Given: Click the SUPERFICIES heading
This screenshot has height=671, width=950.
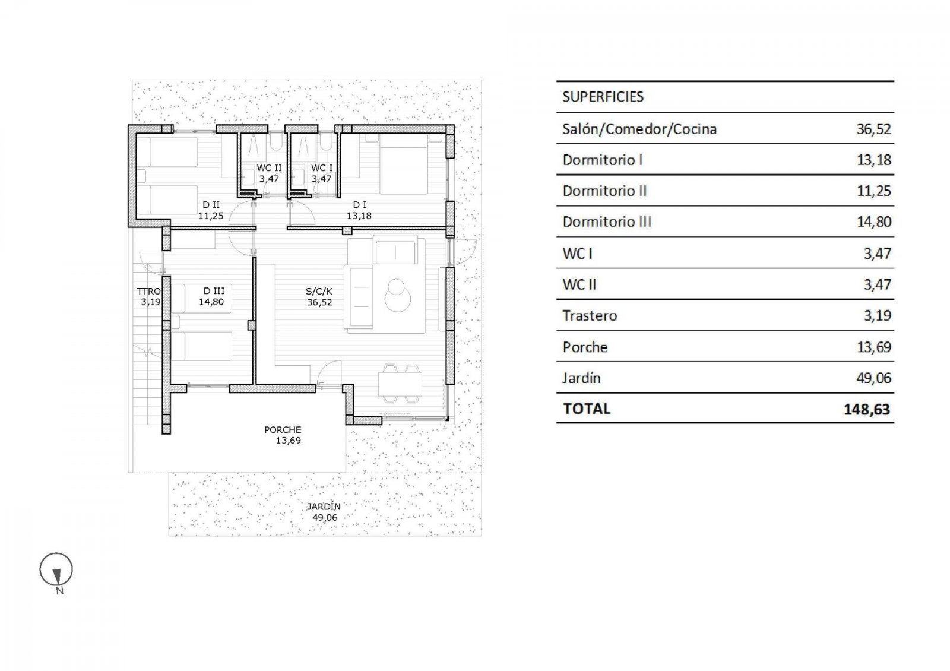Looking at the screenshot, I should click(x=603, y=97).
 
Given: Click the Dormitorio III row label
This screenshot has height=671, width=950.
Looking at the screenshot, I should click(x=607, y=222).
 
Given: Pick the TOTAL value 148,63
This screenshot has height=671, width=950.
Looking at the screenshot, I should click(x=867, y=409).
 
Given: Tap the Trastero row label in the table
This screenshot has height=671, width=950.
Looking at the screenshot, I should click(x=590, y=316).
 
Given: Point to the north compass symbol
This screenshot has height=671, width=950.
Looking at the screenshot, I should click(x=56, y=571).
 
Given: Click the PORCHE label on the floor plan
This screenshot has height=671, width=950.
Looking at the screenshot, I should click(x=283, y=430).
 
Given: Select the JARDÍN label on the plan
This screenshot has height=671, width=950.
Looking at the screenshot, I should click(x=324, y=507).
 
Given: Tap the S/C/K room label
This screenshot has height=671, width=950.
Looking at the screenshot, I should click(x=319, y=292).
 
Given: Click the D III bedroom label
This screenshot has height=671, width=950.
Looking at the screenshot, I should click(x=214, y=291).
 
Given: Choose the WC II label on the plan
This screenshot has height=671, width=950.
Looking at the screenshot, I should click(x=269, y=168).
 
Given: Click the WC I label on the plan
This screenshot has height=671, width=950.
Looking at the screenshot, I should click(x=322, y=168).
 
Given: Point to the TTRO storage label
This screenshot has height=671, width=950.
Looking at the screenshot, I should click(x=148, y=291).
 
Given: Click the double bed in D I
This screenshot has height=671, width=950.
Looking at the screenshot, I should click(x=404, y=164).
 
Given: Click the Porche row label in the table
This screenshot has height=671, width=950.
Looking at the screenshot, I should click(x=585, y=347).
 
